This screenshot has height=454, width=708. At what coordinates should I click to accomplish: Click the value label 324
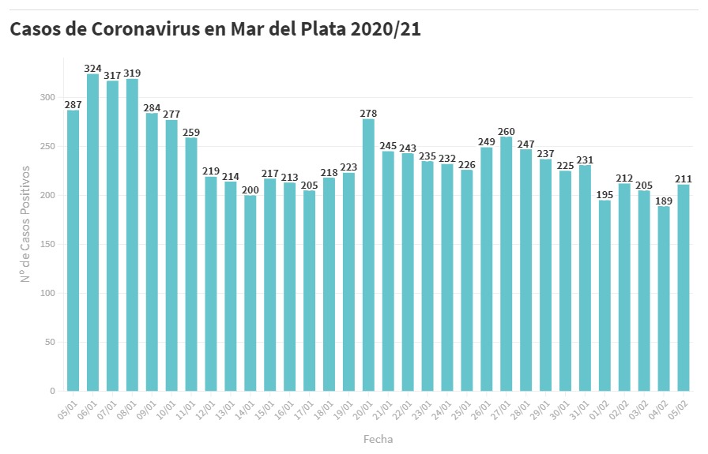92,69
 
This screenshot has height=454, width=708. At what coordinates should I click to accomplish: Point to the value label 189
664,201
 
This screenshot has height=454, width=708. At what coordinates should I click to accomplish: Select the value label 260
507,131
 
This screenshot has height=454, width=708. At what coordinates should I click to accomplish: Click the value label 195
604,195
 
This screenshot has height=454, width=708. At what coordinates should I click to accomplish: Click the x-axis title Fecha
378,439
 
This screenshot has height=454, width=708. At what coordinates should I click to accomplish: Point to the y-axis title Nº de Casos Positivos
25,223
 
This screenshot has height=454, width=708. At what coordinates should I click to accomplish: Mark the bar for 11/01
191,265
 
